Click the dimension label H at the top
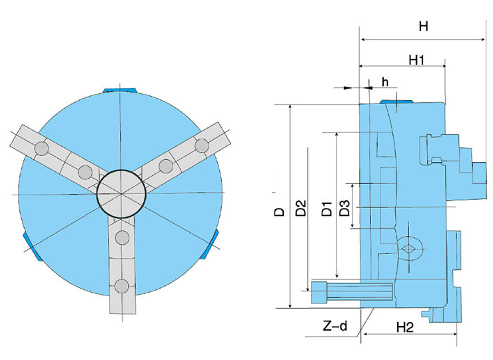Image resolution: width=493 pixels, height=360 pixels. pos(422,27)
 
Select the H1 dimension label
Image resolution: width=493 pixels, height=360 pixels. pos(417,60)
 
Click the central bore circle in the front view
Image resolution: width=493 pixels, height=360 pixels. pos(120,193)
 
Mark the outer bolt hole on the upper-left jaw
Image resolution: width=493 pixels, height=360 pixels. pos(41,147)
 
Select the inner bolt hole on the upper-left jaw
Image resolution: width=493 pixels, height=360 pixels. pos(85,173)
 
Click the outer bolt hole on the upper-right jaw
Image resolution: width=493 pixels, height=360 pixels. pos(201,145)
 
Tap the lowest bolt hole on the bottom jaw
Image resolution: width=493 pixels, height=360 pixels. pos(121,286)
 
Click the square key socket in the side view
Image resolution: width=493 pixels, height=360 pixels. pos(408,248)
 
